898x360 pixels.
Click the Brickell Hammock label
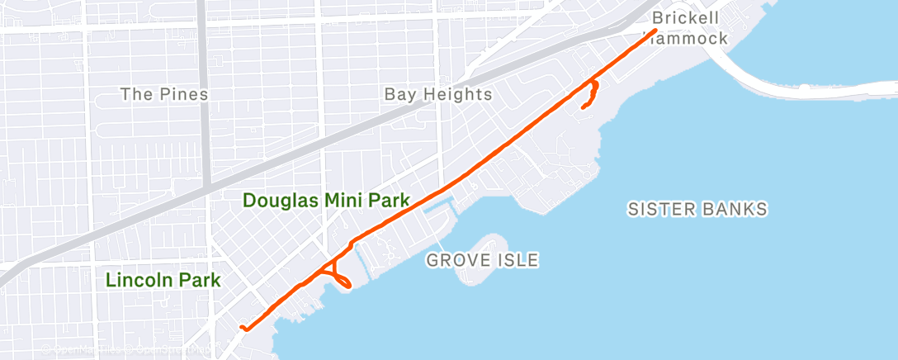(x=688, y=28)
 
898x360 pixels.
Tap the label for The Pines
(x=164, y=94)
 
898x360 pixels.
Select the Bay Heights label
(x=438, y=94)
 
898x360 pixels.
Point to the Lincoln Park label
(x=163, y=280)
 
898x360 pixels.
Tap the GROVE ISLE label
(x=482, y=261)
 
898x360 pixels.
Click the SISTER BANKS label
(x=697, y=209)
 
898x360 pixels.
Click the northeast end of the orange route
(x=655, y=31)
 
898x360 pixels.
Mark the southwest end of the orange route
(x=242, y=328)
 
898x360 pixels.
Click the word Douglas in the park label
(x=278, y=200)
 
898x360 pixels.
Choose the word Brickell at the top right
(x=685, y=17)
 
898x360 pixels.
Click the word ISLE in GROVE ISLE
(x=518, y=261)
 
